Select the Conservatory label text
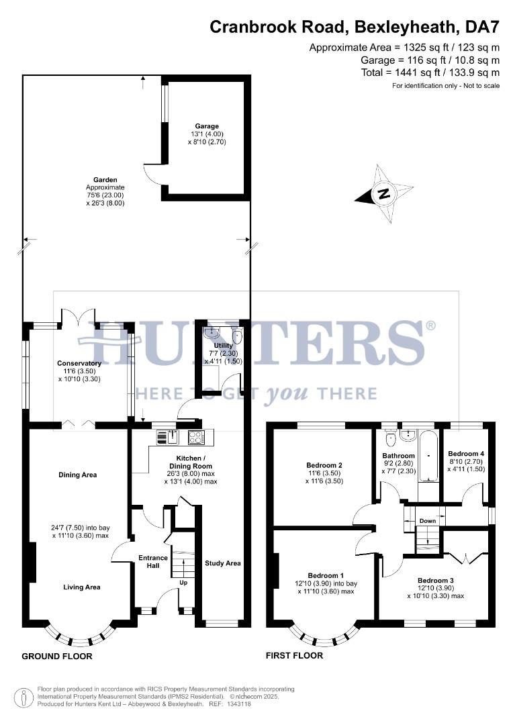79,364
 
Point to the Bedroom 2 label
324,465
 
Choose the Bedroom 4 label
466,454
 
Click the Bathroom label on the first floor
399,456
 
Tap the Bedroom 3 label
436,581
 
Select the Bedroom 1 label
326,575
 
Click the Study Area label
223,563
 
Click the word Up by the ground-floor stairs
183,583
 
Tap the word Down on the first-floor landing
428,521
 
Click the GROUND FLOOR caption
57,656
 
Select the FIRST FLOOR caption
294,656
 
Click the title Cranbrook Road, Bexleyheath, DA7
355,28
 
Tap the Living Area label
82,587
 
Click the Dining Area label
79,475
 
